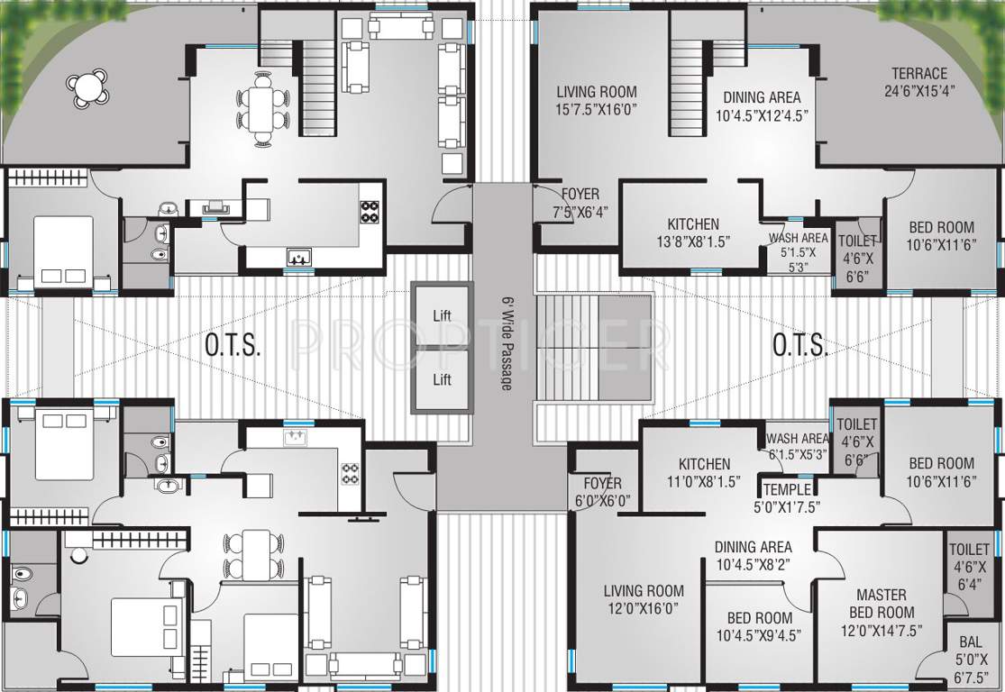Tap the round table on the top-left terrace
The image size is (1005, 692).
pyautogui.click(x=87, y=87)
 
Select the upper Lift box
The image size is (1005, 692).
pyautogui.click(x=442, y=315)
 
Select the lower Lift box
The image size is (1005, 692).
pyautogui.click(x=442, y=379)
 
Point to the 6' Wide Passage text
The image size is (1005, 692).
pyautogui.click(x=505, y=343)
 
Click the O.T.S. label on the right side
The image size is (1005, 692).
pyautogui.click(x=799, y=345)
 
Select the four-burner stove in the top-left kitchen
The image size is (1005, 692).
pyautogui.click(x=370, y=211)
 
